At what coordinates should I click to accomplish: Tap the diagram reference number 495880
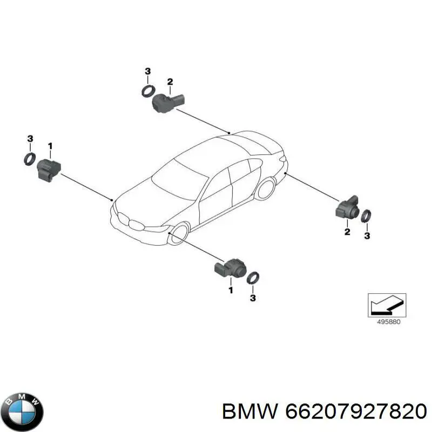(x=388, y=321)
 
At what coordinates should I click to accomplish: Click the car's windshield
(x=180, y=180)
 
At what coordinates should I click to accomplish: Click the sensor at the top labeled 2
(x=167, y=103)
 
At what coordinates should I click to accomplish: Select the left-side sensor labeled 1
(x=49, y=170)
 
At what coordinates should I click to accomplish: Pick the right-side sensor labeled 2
(x=347, y=208)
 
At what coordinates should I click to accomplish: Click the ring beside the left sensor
(x=30, y=159)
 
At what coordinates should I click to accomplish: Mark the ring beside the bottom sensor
(x=253, y=278)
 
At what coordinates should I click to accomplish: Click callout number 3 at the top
(x=147, y=71)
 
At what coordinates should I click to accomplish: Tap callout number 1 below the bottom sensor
(x=231, y=290)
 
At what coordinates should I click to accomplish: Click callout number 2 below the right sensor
(x=347, y=232)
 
